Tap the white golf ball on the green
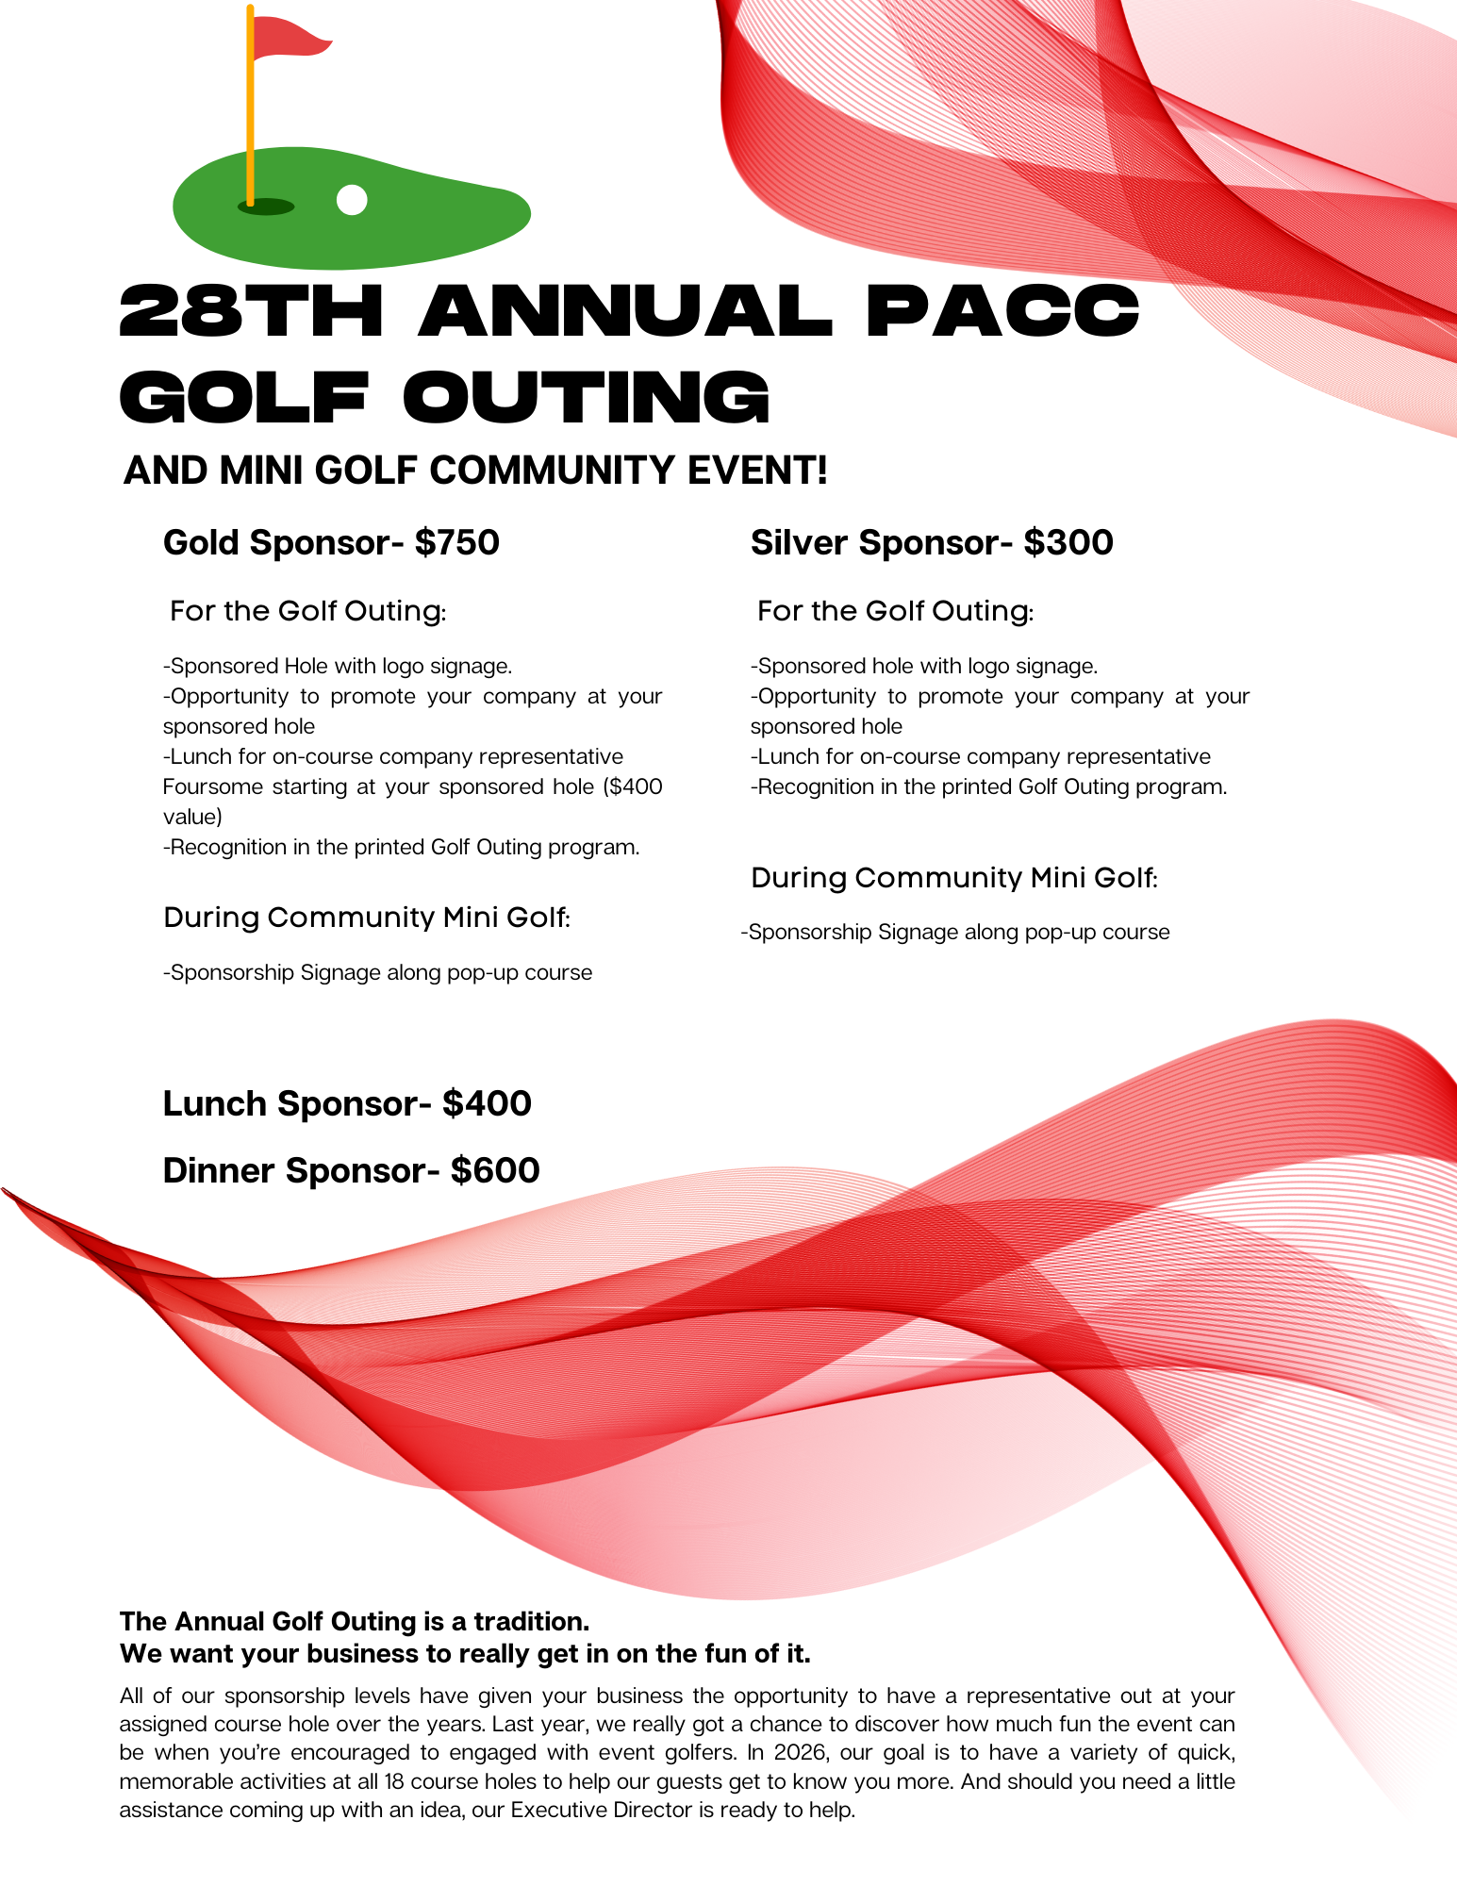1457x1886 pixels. pos(352,200)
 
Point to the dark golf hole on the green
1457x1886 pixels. pos(266,207)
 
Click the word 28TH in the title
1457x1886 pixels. pos(251,311)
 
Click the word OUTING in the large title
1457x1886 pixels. pos(587,397)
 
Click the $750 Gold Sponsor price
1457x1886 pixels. pos(457,543)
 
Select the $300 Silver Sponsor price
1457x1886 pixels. pos(1068,543)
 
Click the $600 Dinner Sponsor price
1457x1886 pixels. pos(495,1171)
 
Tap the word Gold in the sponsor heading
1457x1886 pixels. pos(201,543)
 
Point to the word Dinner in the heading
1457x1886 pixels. pos(219,1171)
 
